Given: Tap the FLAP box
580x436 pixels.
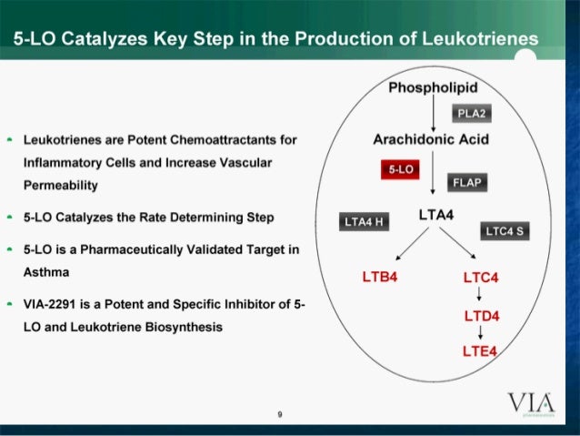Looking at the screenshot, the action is [x=465, y=183].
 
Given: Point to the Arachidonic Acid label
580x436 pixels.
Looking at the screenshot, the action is [x=431, y=139].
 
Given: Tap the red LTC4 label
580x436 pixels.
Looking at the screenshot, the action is [x=482, y=276].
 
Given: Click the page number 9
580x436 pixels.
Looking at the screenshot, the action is [x=280, y=415].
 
